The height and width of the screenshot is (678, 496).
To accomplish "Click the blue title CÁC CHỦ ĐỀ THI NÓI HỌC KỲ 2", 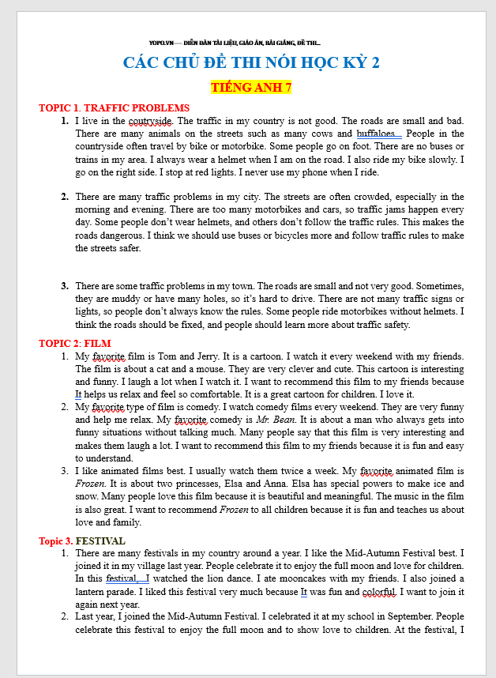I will [x=251, y=63].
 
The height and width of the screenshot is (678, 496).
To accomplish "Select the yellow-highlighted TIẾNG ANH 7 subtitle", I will [x=251, y=87].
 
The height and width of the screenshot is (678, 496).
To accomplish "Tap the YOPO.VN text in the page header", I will [x=160, y=42].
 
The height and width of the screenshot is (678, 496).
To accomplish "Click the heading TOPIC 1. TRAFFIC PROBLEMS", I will [x=115, y=108].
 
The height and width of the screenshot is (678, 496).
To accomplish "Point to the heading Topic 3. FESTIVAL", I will [x=82, y=541].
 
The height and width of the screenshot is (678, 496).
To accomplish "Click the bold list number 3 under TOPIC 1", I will [x=66, y=285].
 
